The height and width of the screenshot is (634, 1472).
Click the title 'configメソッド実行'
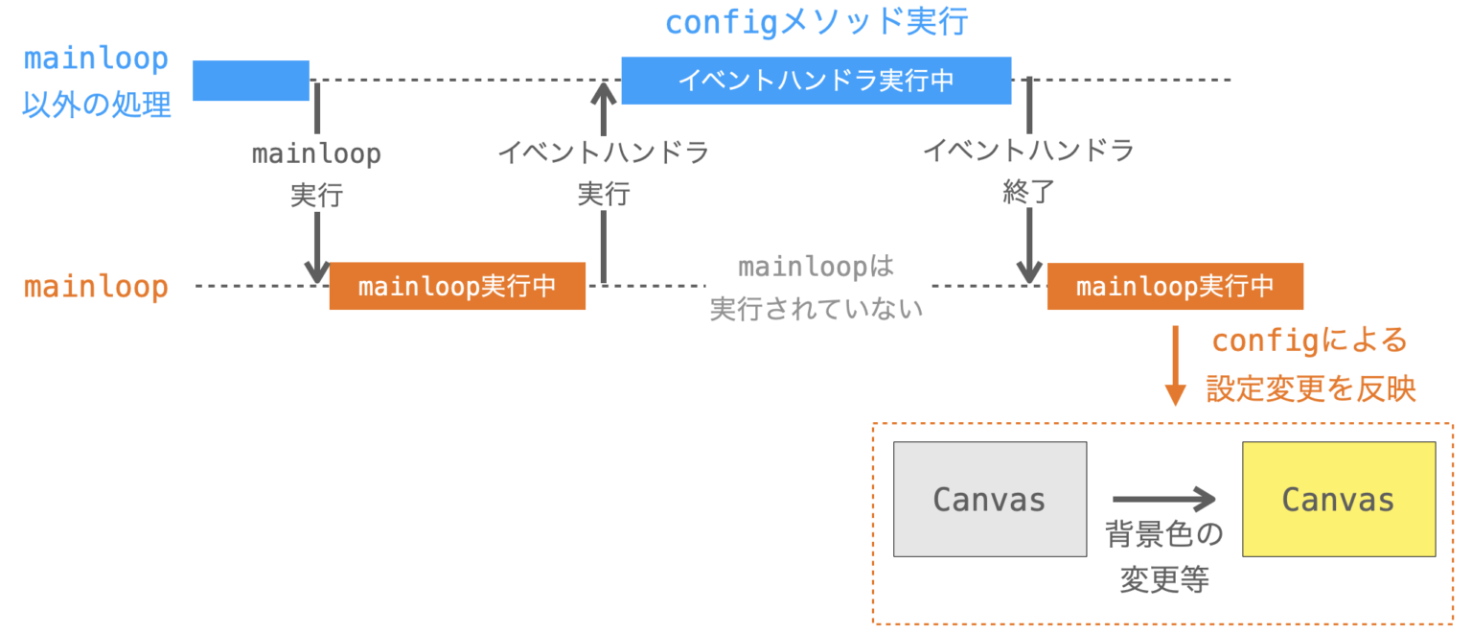coord(816,22)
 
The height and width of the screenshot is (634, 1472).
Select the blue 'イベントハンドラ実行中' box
coord(816,81)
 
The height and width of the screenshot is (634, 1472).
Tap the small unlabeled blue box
coord(250,81)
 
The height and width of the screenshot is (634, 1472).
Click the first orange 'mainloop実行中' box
coord(457,286)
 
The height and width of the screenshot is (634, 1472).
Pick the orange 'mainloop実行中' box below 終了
coord(1175,286)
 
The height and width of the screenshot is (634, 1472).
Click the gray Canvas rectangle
coord(989,499)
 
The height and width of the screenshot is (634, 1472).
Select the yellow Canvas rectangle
coord(1338,499)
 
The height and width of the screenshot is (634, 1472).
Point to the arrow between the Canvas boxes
coord(1163,499)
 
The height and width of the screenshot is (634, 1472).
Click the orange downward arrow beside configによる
coord(1175,365)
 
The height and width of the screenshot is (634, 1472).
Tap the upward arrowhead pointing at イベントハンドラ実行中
coord(603,93)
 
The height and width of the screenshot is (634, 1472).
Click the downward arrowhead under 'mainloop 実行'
coord(316,272)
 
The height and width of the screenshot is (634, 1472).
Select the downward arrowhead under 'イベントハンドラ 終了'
coord(1029,272)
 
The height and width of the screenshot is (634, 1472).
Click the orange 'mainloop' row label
coord(96,287)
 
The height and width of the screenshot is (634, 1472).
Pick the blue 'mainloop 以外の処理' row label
coord(96,82)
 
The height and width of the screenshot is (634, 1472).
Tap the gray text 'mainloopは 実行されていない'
coord(816,288)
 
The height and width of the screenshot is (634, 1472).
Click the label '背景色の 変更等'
coord(1163,557)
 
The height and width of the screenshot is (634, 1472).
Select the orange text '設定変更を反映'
coord(1310,388)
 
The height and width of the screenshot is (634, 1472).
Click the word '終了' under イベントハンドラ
coord(1029,193)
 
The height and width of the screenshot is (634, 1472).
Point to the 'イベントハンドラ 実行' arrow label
coord(603,173)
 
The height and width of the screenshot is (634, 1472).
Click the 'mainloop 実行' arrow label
coord(316,175)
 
